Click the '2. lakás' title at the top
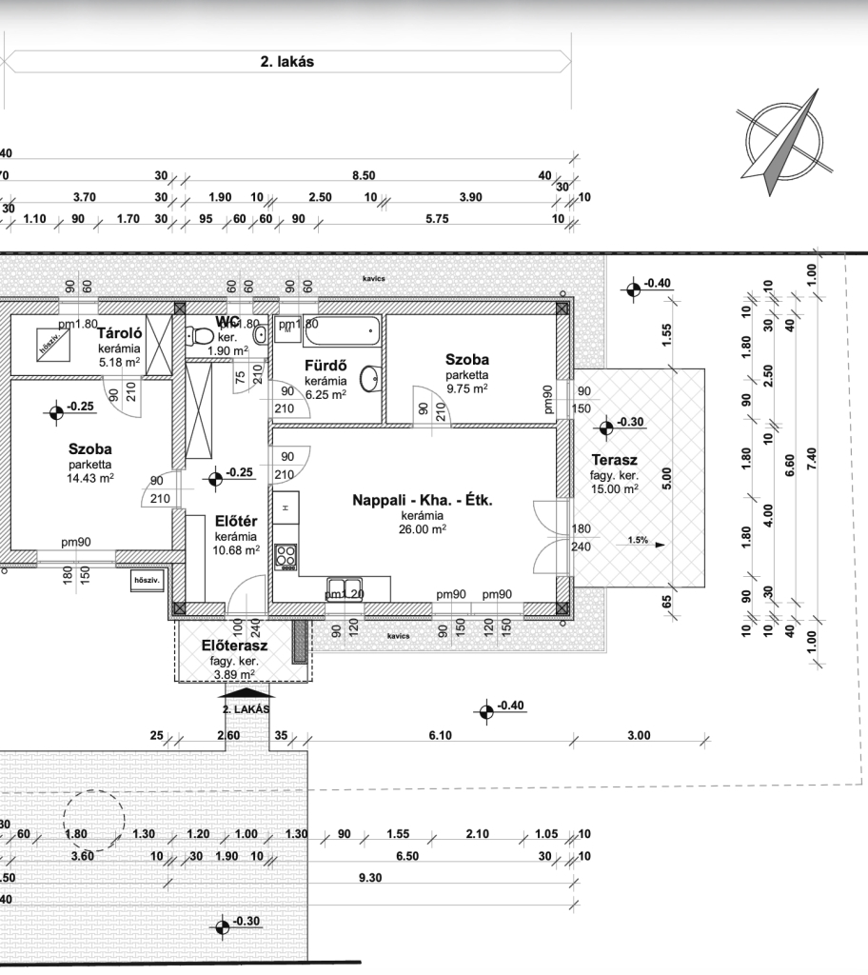(x=286, y=62)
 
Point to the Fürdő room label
(x=323, y=366)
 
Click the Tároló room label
(x=119, y=334)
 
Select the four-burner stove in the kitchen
(x=286, y=556)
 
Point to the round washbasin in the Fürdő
(x=379, y=378)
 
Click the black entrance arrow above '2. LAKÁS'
(x=245, y=694)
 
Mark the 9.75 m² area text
(x=466, y=388)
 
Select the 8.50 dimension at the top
(x=363, y=176)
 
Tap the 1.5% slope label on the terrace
(x=638, y=541)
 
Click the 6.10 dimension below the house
(x=439, y=735)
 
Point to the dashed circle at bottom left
(x=93, y=817)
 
